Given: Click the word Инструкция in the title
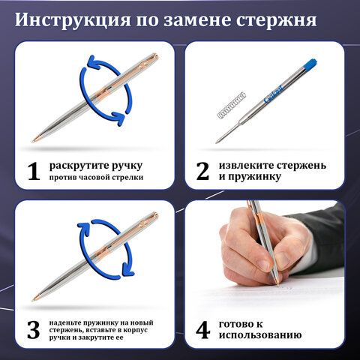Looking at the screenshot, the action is (73, 19).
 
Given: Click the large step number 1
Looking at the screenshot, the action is (34, 171).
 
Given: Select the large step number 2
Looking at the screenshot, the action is (202, 171).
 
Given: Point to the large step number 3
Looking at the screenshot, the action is (34, 330).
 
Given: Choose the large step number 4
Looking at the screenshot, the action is (203, 330).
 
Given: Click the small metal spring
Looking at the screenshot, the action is (232, 105).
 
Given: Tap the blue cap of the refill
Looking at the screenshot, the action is (310, 64).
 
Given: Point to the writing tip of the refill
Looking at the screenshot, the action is (217, 142).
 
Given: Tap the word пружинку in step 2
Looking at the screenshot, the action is (254, 177).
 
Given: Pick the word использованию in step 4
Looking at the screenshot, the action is (260, 335).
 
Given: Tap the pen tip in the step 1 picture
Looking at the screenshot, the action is (34, 141).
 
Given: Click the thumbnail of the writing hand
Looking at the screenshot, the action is (265, 274).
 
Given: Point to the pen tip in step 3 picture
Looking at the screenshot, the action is (34, 299).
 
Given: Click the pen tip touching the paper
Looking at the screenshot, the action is (277, 283).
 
